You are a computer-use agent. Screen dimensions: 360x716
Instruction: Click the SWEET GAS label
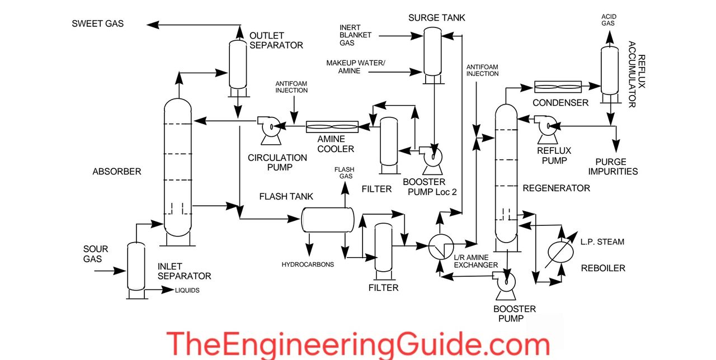point(98,24)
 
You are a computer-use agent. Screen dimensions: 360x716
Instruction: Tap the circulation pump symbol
point(267,127)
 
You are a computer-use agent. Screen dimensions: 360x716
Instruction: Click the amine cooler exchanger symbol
point(332,127)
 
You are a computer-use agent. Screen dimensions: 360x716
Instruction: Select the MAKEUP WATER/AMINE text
point(356,67)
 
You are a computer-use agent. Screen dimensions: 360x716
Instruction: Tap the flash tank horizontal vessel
point(328,220)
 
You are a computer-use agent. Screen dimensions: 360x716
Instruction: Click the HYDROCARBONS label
point(308,264)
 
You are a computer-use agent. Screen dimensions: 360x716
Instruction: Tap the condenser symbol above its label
point(558,87)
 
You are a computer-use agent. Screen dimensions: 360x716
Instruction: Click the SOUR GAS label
point(96,254)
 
